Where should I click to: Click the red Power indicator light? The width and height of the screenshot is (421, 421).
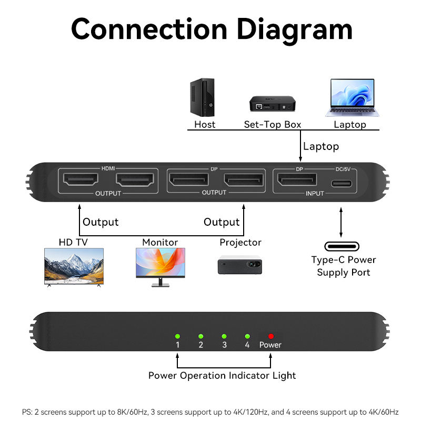click(271, 336)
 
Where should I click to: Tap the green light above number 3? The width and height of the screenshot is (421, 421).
click(224, 336)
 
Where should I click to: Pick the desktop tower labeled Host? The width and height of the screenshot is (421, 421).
click(203, 98)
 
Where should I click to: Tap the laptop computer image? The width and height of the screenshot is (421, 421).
click(353, 97)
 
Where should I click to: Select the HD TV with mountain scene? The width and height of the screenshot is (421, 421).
click(74, 266)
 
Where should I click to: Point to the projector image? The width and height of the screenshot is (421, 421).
click(240, 263)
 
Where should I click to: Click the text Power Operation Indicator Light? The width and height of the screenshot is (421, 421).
click(222, 375)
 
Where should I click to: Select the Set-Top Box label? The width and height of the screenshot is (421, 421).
click(273, 125)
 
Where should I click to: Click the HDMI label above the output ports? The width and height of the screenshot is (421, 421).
click(107, 168)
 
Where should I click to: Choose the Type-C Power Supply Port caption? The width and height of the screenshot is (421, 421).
click(344, 266)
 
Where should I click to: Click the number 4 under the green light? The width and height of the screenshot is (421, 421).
click(247, 345)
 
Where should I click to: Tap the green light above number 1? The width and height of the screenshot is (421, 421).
click(178, 336)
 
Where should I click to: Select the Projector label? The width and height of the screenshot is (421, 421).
click(240, 243)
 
